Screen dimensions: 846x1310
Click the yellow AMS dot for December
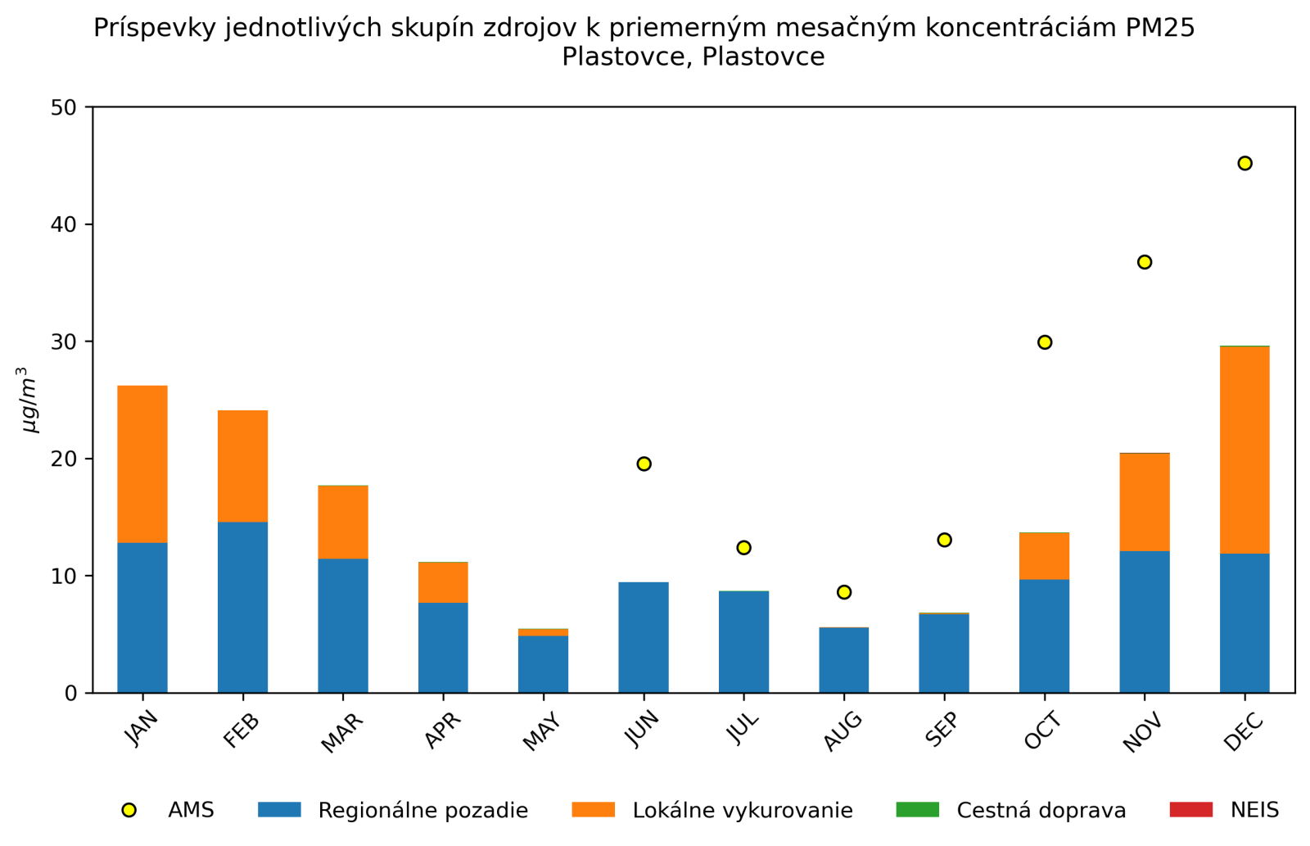click(1244, 163)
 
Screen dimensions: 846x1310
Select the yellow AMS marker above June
click(644, 464)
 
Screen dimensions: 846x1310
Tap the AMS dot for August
click(844, 592)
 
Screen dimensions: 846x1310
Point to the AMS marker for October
click(1045, 342)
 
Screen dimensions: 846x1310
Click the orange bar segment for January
click(142, 464)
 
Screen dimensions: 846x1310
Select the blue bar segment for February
click(242, 607)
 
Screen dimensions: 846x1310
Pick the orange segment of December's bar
click(1244, 450)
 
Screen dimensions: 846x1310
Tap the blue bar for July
click(743, 641)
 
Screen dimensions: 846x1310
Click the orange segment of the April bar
click(443, 582)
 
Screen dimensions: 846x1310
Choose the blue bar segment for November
click(1145, 622)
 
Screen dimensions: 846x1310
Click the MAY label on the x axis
click(542, 731)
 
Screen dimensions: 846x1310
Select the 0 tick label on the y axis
click(70, 694)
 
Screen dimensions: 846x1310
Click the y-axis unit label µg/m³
click(29, 400)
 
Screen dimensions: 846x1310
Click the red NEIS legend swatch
click(1190, 810)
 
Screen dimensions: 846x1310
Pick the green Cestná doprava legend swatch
click(917, 810)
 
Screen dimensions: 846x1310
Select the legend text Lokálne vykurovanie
click(742, 811)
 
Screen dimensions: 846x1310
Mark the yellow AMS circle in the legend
click(129, 810)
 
